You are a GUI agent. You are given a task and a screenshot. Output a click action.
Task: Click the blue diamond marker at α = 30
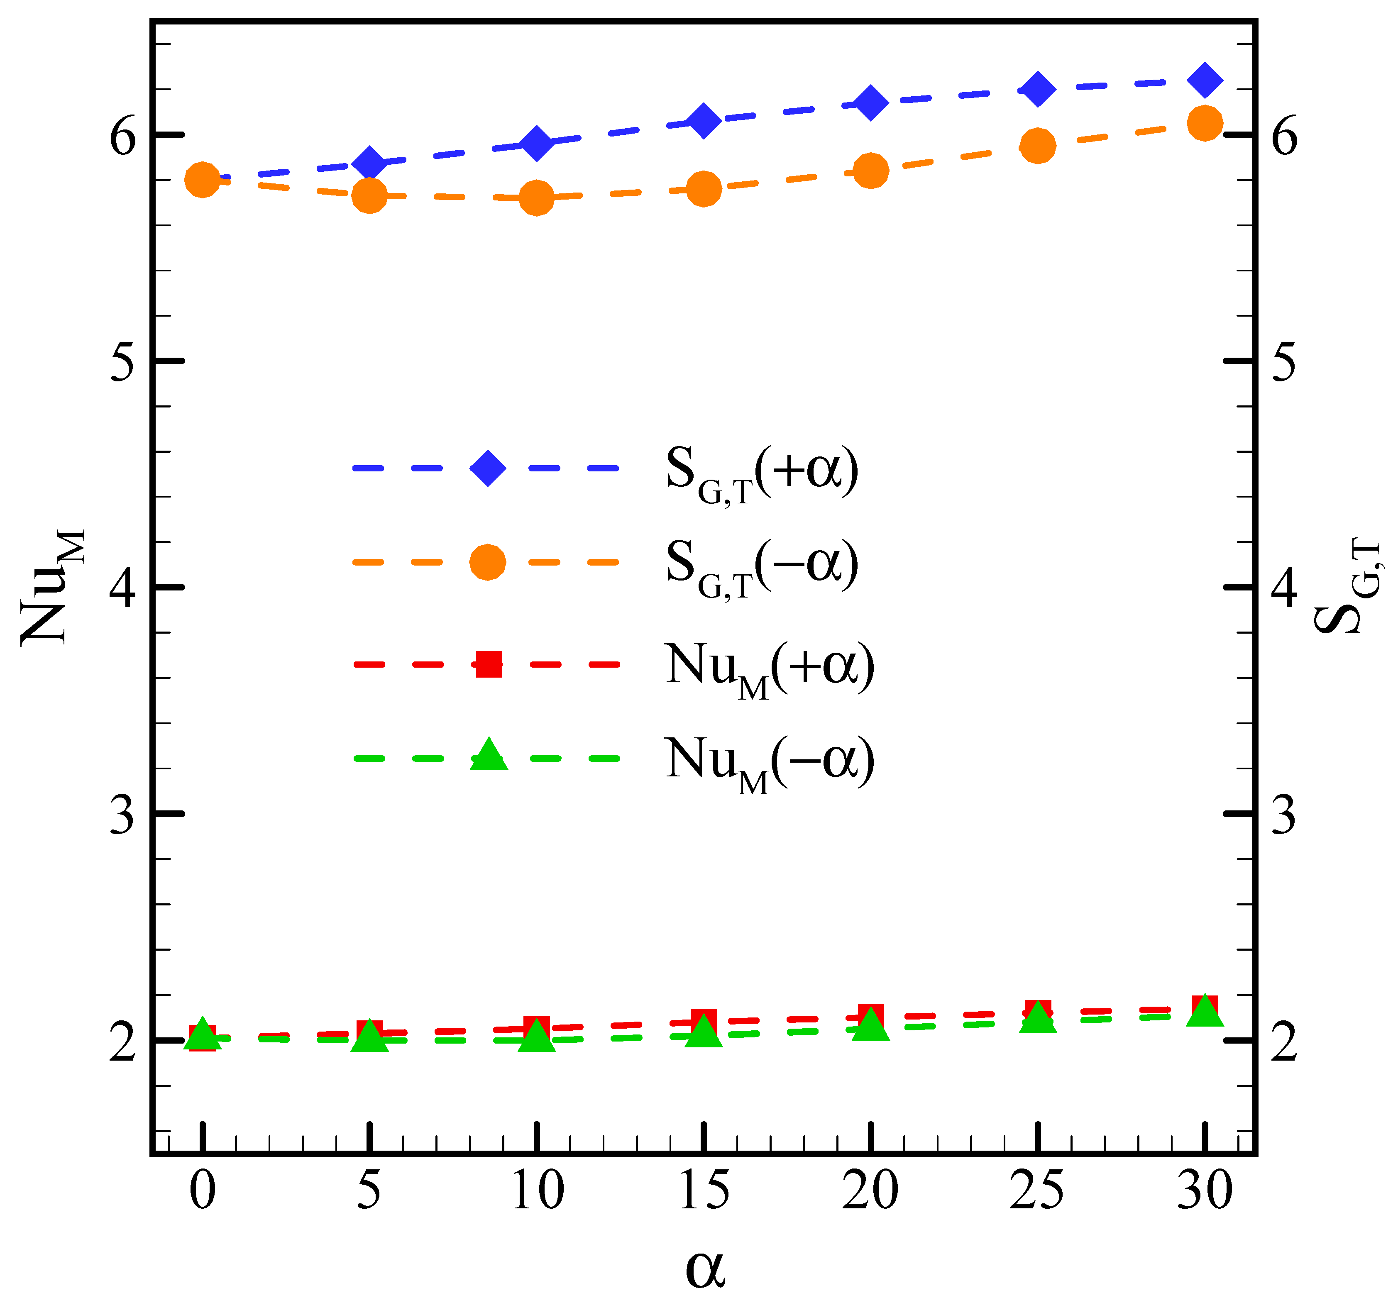1205,79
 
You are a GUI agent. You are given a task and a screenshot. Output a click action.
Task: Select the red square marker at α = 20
870,1017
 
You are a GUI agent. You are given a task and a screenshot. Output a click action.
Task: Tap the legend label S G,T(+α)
762,473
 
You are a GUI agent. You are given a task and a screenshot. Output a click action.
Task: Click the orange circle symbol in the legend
487,562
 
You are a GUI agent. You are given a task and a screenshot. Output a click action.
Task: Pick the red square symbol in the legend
489,663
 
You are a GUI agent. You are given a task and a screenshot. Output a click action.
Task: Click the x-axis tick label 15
704,1190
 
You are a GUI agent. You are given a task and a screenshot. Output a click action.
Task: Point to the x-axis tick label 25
1036,1190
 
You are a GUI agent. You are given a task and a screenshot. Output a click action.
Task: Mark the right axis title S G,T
1346,587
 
